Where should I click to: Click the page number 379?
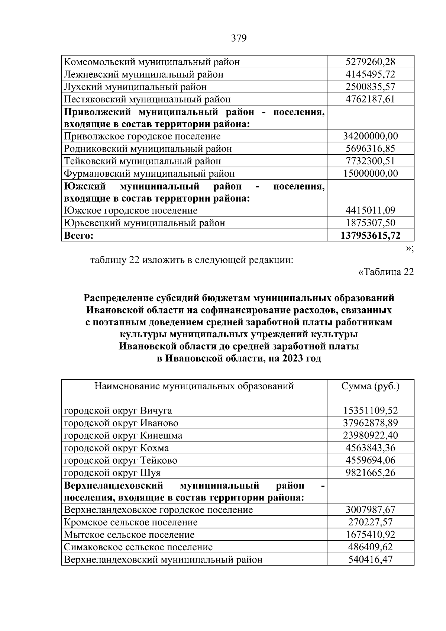[239, 38]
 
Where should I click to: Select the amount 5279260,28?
[370, 62]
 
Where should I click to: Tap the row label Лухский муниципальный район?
[135, 87]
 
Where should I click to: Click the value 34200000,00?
[370, 136]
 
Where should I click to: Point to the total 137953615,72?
[370, 235]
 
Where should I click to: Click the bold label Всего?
[79, 235]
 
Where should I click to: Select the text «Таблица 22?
[385, 272]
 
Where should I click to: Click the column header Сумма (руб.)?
[370, 386]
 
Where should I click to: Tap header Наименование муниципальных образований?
[194, 386]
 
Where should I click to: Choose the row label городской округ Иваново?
[121, 423]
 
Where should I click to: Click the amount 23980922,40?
[370, 435]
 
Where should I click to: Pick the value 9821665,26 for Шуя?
[370, 473]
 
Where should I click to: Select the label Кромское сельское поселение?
[131, 522]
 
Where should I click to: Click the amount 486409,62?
[370, 547]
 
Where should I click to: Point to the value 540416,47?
[370, 559]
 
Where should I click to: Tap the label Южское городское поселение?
[131, 211]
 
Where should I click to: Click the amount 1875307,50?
[370, 223]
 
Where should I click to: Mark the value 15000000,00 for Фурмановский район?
[370, 173]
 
